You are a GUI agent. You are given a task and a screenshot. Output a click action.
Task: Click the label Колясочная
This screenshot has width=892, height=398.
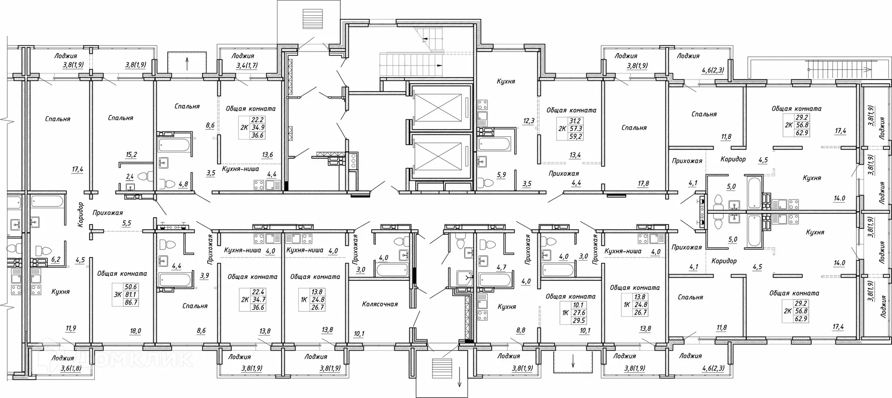tap(380, 304)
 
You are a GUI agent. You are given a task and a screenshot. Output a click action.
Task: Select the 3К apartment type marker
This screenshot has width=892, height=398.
tap(117, 294)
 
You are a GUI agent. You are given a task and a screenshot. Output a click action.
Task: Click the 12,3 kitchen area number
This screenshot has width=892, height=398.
tap(529, 121)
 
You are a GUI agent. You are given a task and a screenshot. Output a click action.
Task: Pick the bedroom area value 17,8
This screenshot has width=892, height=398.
tap(643, 184)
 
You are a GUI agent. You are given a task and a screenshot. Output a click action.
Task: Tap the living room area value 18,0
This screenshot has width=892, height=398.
tap(135, 331)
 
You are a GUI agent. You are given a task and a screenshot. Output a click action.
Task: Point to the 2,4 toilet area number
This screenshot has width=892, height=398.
tap(130, 176)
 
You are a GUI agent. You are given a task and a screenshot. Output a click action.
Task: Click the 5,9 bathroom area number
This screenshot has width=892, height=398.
tap(501, 175)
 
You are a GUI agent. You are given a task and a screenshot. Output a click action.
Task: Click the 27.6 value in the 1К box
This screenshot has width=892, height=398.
tap(579, 313)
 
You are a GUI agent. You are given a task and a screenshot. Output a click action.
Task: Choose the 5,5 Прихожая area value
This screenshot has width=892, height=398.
tap(126, 223)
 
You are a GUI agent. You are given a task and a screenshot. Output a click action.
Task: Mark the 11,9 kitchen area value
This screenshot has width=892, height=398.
tap(71, 328)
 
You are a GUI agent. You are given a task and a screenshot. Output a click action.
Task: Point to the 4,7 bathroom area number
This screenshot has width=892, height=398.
tap(501, 267)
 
